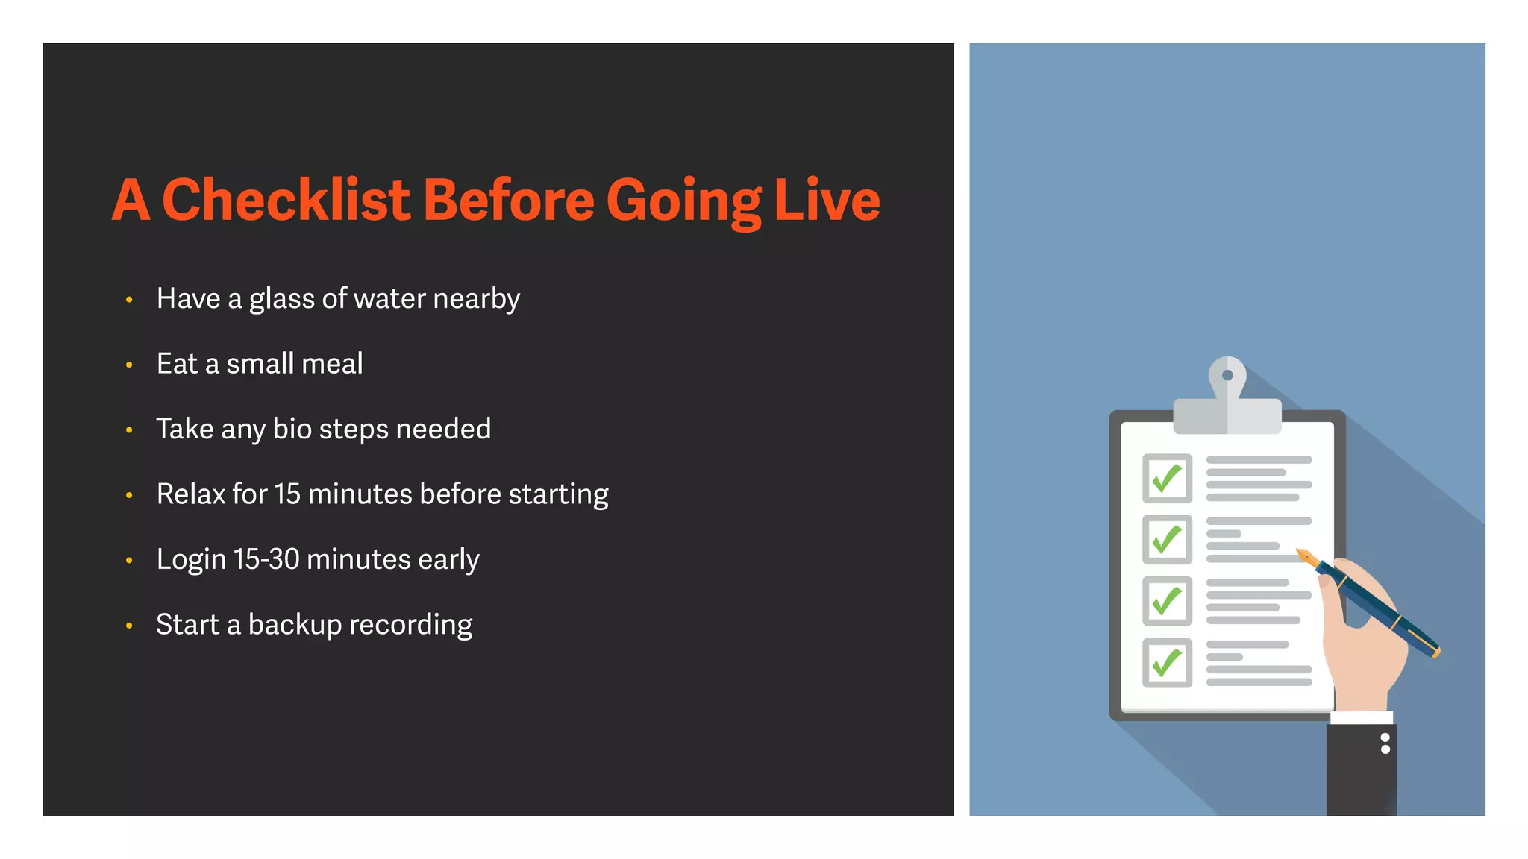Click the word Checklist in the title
click(x=286, y=200)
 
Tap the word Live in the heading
click(x=827, y=200)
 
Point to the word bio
click(x=292, y=429)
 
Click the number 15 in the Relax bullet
click(x=287, y=494)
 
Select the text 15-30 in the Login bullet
click(x=266, y=559)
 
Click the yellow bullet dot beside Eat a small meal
click(x=129, y=365)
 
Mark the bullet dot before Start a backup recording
click(x=129, y=626)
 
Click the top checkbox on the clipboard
click(x=1167, y=479)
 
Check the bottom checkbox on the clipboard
click(x=1167, y=662)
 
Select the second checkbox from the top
click(x=1167, y=540)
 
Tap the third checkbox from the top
click(x=1167, y=601)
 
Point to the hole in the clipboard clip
click(x=1227, y=375)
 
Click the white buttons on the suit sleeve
click(x=1385, y=743)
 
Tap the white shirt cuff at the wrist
click(x=1362, y=718)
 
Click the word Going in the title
click(x=683, y=200)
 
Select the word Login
click(x=191, y=559)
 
